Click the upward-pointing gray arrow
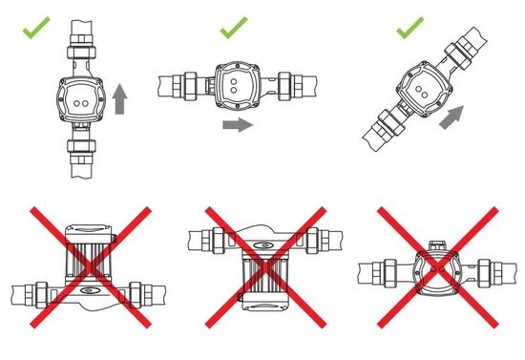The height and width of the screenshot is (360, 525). (x=118, y=98)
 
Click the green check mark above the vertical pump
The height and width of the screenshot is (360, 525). (x=36, y=27)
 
